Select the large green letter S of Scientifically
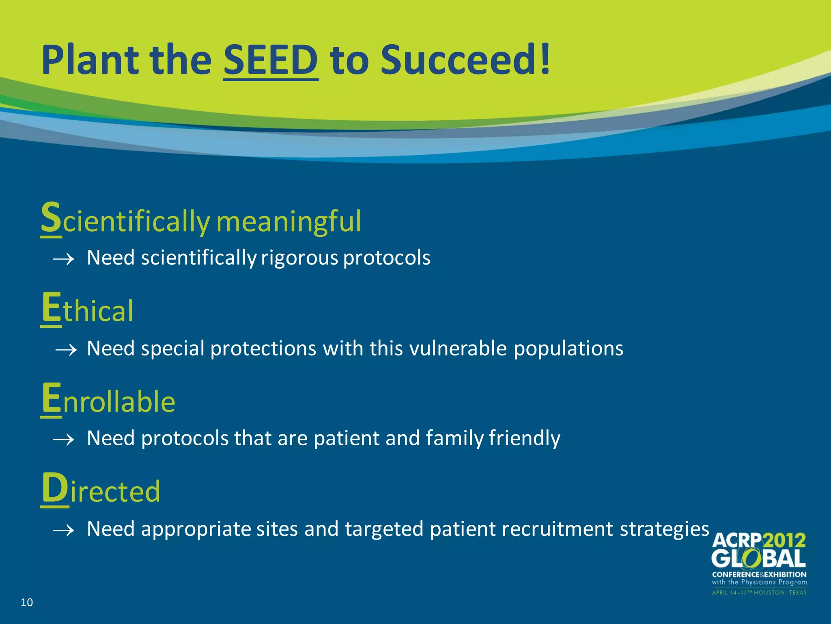click(x=51, y=218)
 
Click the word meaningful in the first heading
click(x=288, y=222)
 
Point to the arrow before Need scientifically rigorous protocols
click(x=64, y=259)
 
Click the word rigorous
click(x=299, y=258)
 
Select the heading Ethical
click(x=87, y=310)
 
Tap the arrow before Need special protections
click(x=66, y=349)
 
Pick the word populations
click(x=568, y=349)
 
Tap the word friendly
click(x=524, y=439)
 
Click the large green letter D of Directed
click(x=55, y=488)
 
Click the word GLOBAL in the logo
click(x=758, y=559)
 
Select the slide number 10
click(x=27, y=602)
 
